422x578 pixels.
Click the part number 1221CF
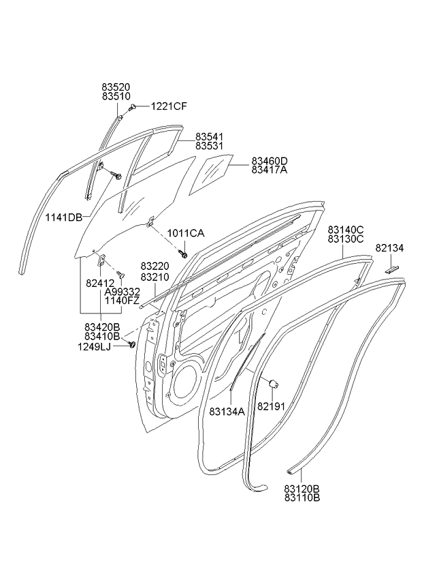click(x=169, y=106)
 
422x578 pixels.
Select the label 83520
click(x=116, y=87)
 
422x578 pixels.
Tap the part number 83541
click(x=209, y=137)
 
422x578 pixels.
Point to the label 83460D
click(x=270, y=161)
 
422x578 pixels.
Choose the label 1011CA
click(x=186, y=233)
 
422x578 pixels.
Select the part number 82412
click(x=100, y=283)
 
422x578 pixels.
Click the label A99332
click(x=123, y=292)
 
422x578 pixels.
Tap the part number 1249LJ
click(x=94, y=346)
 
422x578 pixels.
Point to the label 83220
click(x=155, y=266)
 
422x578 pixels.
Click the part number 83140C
click(x=345, y=230)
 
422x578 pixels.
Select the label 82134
click(x=389, y=249)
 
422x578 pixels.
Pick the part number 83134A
click(x=227, y=411)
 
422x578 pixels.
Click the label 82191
click(x=271, y=406)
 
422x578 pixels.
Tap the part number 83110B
click(x=302, y=498)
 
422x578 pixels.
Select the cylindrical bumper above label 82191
click(x=274, y=384)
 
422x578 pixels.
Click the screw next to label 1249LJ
click(x=131, y=344)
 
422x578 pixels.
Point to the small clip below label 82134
click(x=393, y=269)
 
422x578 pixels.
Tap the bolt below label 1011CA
click(x=183, y=254)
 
